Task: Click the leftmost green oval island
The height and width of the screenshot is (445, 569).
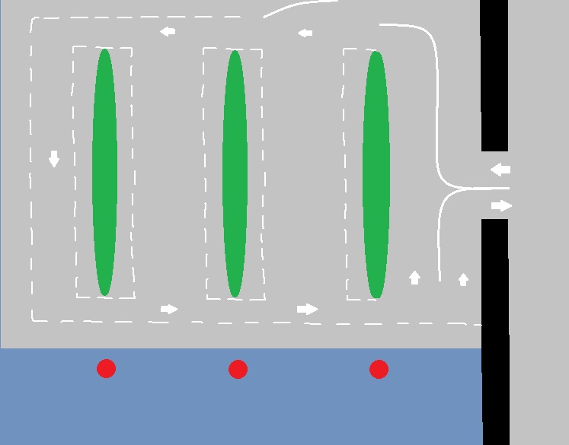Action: (104, 171)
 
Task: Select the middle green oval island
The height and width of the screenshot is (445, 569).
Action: (235, 173)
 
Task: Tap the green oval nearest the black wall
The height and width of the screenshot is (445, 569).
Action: (376, 173)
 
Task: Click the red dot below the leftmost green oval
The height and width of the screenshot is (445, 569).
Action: (106, 369)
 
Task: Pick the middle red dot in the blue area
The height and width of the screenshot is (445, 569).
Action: (238, 370)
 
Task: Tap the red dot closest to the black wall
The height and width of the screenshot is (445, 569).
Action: (379, 370)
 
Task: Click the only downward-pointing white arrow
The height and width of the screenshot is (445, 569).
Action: (54, 158)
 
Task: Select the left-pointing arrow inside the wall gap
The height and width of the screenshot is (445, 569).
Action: (500, 170)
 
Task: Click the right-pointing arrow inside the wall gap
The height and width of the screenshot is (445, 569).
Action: (501, 205)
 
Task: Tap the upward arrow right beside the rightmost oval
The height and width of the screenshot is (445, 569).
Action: (414, 277)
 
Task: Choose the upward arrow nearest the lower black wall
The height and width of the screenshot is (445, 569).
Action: (463, 279)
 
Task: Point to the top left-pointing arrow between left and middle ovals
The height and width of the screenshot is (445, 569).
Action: (168, 31)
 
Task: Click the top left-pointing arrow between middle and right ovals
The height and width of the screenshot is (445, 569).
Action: (305, 33)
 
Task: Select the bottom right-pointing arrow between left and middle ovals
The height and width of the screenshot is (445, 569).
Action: (169, 309)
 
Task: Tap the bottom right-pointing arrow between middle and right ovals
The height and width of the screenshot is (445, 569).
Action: (307, 309)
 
